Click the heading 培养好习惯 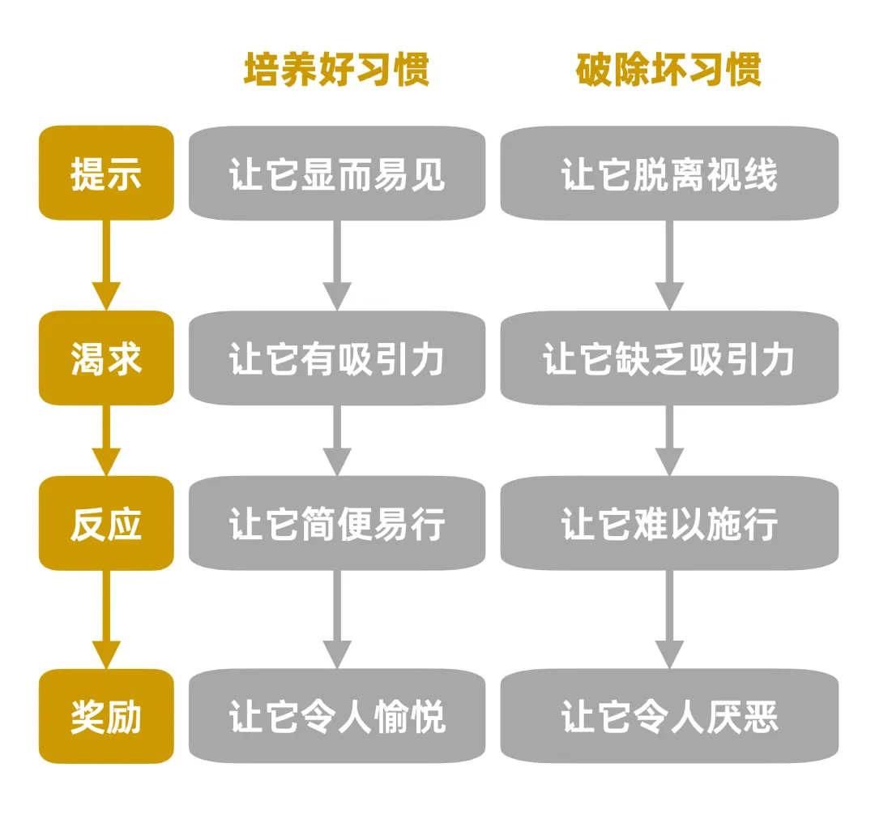coord(336,71)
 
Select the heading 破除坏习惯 coord(668,71)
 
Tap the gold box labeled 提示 coord(106,174)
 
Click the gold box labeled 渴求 coord(106,358)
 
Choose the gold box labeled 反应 coord(106,523)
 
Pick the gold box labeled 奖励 coord(106,716)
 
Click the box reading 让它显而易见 coord(336,174)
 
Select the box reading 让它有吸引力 coord(336,358)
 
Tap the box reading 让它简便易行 coord(336,523)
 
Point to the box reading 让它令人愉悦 coord(336,716)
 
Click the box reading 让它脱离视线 coord(668,174)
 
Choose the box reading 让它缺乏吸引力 coord(668,358)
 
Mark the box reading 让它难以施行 coord(668,523)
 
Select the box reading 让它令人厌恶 coord(668,716)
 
